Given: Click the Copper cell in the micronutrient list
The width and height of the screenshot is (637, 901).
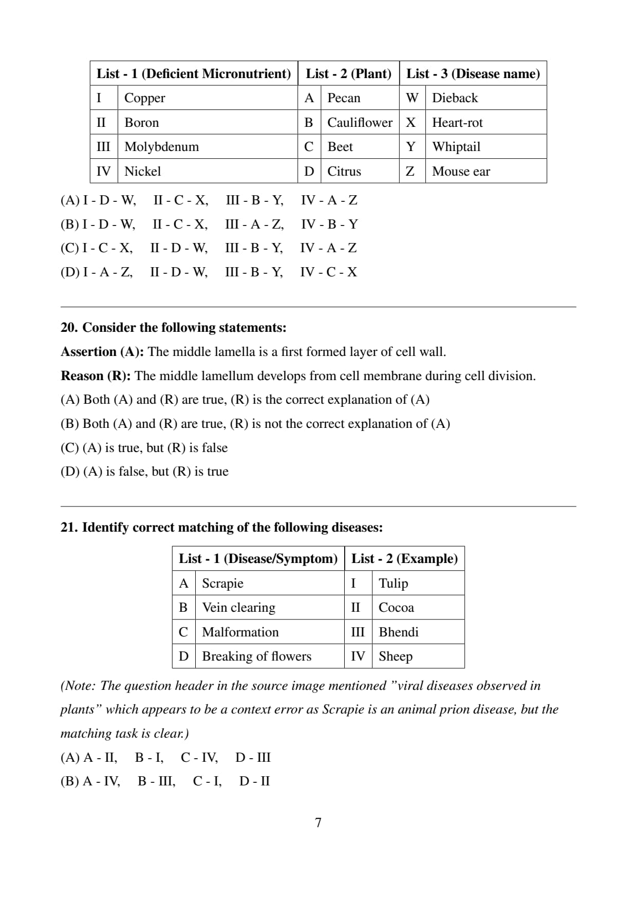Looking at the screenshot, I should point(145,98).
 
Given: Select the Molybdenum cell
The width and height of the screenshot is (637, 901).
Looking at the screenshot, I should point(161,147).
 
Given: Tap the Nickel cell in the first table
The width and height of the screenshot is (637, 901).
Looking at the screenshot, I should point(143,172).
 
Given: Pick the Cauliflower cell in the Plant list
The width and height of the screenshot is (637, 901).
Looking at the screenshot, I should point(360,123).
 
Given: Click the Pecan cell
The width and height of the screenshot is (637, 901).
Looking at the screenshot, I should point(344,98).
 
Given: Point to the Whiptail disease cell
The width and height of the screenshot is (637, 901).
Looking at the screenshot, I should point(456,147).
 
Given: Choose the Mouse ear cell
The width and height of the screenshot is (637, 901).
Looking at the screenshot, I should point(461,172).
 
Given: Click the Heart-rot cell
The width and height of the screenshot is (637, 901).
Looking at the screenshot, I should point(457,123).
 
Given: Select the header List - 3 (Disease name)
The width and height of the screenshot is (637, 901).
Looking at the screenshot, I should point(473,73).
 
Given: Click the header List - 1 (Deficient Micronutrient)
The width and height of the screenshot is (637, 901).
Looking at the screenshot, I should point(194,73).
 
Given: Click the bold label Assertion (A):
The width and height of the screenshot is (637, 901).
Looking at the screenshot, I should point(102,352).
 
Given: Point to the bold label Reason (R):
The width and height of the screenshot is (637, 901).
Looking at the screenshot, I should point(96,376).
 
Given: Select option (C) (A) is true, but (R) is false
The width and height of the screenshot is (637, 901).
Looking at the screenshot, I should point(144,448).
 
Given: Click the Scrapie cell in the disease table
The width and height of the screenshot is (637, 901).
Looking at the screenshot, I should point(222,584).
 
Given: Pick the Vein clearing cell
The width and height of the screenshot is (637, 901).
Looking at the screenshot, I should point(238,608).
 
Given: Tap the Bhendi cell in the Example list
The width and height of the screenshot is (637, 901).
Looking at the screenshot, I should point(399,632).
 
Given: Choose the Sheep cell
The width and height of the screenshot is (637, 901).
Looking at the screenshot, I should point(396,656).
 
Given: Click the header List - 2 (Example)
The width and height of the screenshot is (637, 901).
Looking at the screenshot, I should point(404,559).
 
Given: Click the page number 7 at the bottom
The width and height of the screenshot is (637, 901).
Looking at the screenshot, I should point(318,823).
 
